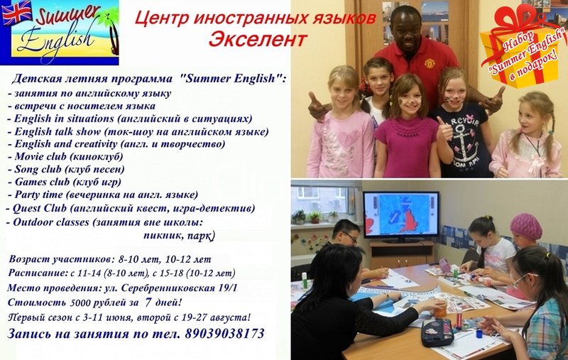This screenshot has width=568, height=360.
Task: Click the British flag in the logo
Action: tap(17, 13)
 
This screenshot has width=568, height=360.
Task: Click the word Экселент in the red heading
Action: tap(258, 39)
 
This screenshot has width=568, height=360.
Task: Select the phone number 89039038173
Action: tap(224, 333)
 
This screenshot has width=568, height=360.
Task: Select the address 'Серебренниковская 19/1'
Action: tap(180, 288)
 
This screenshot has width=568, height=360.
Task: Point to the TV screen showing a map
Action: tap(400, 216)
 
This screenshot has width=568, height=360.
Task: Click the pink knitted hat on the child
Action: tap(526, 226)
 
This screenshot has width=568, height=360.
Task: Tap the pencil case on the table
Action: tap(437, 333)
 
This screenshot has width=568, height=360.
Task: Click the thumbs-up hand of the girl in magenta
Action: tap(444, 129)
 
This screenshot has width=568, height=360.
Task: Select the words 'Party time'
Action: tap(39, 195)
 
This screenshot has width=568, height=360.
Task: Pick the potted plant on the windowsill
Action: tap(315, 217)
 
